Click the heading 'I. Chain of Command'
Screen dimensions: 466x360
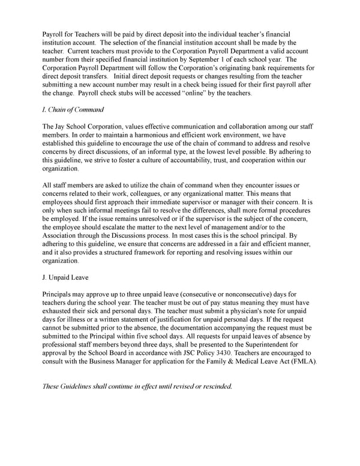coord(73,110)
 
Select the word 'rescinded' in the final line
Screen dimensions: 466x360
coord(211,386)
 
